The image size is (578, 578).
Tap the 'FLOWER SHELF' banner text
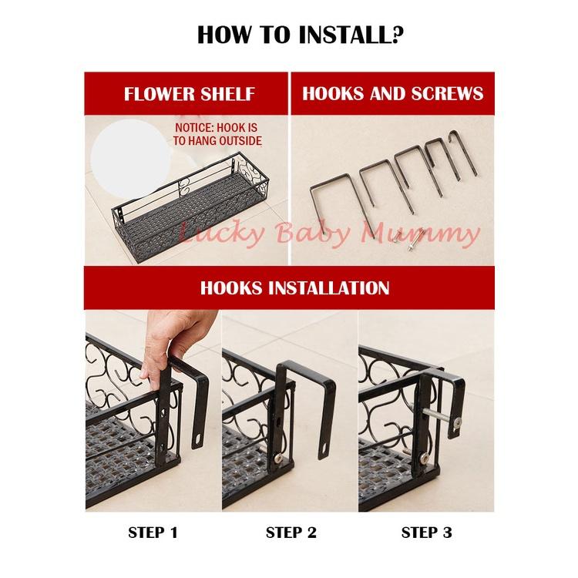[x=189, y=94]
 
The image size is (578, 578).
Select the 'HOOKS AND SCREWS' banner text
[x=392, y=94]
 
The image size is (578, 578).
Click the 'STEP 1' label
[x=153, y=532]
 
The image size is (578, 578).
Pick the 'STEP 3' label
[x=425, y=532]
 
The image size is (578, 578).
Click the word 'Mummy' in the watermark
[x=439, y=234]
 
